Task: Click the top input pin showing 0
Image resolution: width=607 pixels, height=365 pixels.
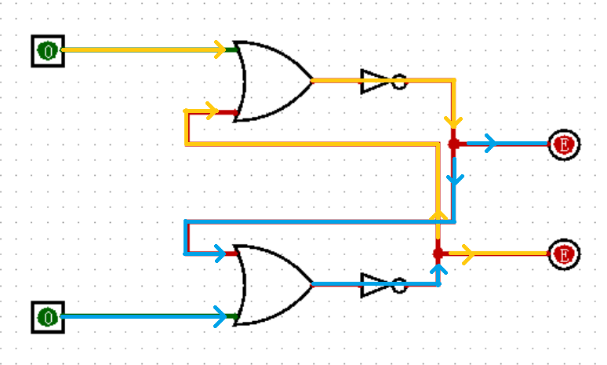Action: point(48,51)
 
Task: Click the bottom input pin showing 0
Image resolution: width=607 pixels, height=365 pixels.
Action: point(48,317)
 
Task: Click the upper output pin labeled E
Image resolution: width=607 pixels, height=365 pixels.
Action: point(563,144)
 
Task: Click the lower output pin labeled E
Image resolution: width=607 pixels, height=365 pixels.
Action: point(563,254)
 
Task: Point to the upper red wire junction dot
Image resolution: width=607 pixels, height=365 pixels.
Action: point(453,144)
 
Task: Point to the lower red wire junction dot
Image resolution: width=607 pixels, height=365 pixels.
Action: point(438,254)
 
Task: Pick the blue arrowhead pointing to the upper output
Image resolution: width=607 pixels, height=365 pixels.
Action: point(490,144)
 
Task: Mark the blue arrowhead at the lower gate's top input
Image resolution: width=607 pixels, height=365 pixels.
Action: point(231,253)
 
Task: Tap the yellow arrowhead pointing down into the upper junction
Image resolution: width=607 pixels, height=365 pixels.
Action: point(453,122)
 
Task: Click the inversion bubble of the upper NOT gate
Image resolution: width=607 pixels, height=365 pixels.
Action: point(399,81)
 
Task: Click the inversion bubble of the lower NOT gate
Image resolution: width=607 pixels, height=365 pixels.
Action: point(399,284)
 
